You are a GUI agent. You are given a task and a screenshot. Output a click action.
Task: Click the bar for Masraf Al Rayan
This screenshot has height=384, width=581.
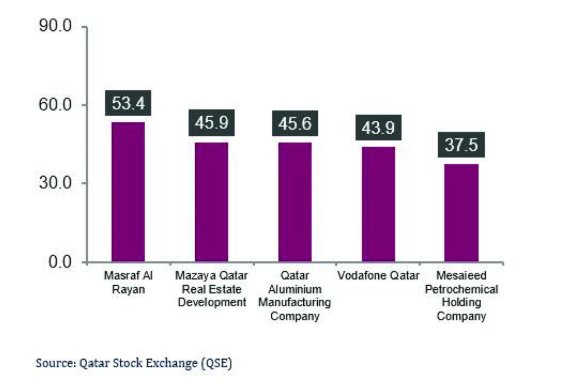coord(128,192)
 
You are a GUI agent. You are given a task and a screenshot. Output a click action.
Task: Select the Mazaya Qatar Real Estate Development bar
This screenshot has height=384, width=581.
coord(211,202)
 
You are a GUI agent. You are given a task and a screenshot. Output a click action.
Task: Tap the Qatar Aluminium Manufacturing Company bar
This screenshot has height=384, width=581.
coord(295,202)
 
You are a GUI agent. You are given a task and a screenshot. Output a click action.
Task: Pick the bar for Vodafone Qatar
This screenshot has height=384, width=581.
coord(378,204)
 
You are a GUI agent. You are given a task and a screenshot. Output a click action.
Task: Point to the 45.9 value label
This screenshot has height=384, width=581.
coord(211,124)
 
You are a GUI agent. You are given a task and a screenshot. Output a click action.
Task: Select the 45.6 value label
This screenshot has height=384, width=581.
coord(295,124)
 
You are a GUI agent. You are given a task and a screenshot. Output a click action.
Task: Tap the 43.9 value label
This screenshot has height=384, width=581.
coord(378,128)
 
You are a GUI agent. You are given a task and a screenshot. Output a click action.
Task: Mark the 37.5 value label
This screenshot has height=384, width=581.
coord(461,145)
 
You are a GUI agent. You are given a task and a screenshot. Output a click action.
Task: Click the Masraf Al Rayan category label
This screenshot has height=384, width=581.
coord(128,281)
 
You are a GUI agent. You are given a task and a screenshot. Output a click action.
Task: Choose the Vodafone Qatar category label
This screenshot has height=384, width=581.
coord(378,275)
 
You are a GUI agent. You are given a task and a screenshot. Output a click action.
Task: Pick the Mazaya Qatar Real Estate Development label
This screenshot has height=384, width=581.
coord(211,288)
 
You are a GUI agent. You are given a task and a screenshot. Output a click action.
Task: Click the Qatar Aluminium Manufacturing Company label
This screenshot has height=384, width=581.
coord(295,296)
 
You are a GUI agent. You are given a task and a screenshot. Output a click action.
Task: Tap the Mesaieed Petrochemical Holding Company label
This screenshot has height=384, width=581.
coord(461,296)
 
